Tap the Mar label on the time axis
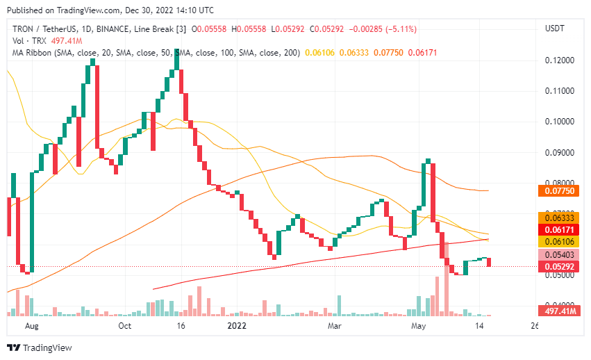coord(335,325)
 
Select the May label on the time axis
coord(418,325)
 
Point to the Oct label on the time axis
coord(125,325)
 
